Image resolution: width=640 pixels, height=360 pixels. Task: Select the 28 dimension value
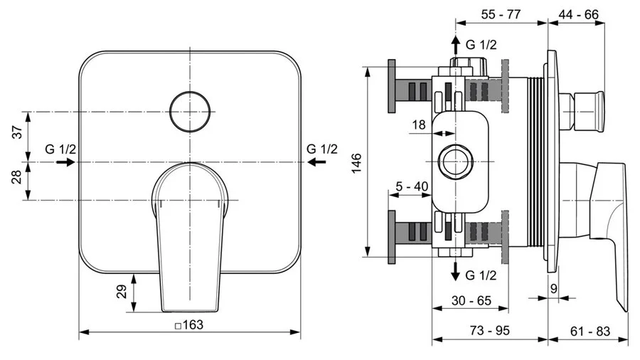(x=19, y=177)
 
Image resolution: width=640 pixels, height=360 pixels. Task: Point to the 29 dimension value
(x=121, y=291)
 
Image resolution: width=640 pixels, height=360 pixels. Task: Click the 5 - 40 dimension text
(x=412, y=186)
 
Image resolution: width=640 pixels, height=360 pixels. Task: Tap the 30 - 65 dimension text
(x=471, y=300)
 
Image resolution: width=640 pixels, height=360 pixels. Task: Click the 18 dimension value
(x=419, y=125)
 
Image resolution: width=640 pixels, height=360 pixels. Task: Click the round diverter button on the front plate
(x=191, y=112)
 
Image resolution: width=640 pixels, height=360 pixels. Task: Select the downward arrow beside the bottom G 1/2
(x=455, y=270)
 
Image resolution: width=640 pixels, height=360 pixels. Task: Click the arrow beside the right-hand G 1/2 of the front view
(x=318, y=162)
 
